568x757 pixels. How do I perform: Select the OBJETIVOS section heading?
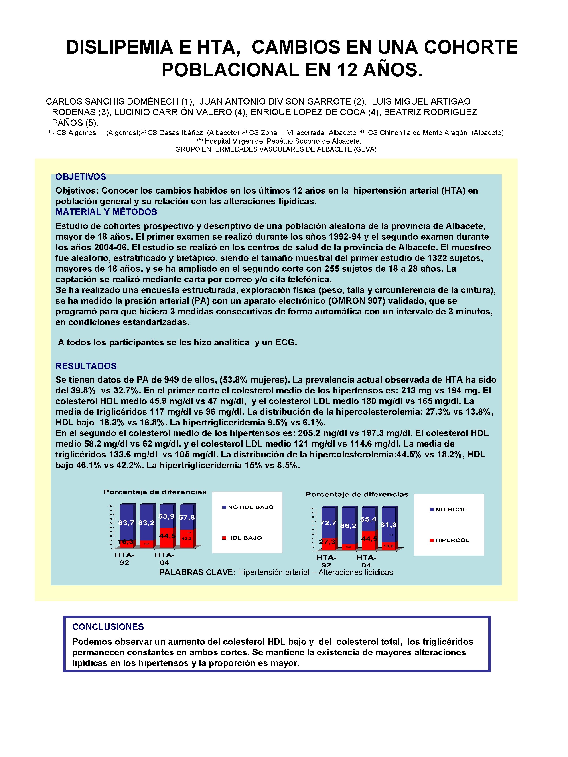coord(81,177)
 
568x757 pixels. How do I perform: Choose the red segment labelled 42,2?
coord(187,539)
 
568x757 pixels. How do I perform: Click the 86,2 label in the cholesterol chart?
coord(348,526)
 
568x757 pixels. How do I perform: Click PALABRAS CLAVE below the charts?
coord(197,572)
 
